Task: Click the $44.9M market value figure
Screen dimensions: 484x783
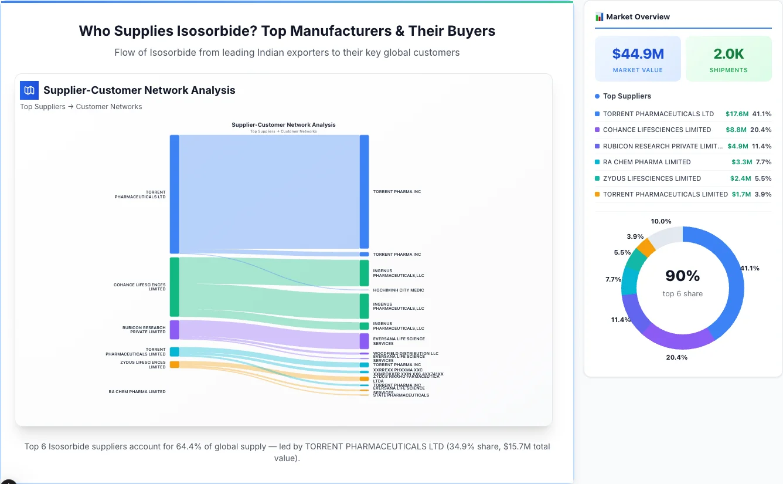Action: [x=638, y=54]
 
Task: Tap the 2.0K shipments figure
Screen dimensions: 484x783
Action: [x=728, y=54]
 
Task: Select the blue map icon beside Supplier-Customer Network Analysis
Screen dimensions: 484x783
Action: [x=29, y=90]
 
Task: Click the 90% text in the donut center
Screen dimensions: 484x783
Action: [x=682, y=276]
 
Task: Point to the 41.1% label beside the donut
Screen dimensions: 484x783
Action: [x=750, y=268]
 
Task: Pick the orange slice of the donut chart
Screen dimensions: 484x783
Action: [x=646, y=248]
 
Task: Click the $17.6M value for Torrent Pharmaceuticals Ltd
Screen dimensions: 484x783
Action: [x=737, y=114]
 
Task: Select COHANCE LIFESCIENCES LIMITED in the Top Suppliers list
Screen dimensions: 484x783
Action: [x=657, y=130]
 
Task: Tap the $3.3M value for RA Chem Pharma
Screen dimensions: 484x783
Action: [x=741, y=162]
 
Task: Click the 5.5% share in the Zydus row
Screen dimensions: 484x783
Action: [x=763, y=178]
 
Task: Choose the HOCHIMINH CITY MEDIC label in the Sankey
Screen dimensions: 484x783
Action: [x=399, y=290]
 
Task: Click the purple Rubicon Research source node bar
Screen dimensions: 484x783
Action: [x=175, y=330]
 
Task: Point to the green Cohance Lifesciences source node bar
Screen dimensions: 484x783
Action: [x=175, y=287]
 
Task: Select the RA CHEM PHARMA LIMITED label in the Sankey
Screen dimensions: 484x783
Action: [x=137, y=391]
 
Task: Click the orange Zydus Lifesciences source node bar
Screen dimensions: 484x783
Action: [x=175, y=364]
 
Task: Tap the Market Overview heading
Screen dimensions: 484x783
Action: [x=638, y=17]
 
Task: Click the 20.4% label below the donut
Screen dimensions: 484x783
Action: [x=676, y=357]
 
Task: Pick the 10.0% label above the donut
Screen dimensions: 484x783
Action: [x=661, y=221]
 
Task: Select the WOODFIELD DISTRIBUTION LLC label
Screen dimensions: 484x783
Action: [x=406, y=353]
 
